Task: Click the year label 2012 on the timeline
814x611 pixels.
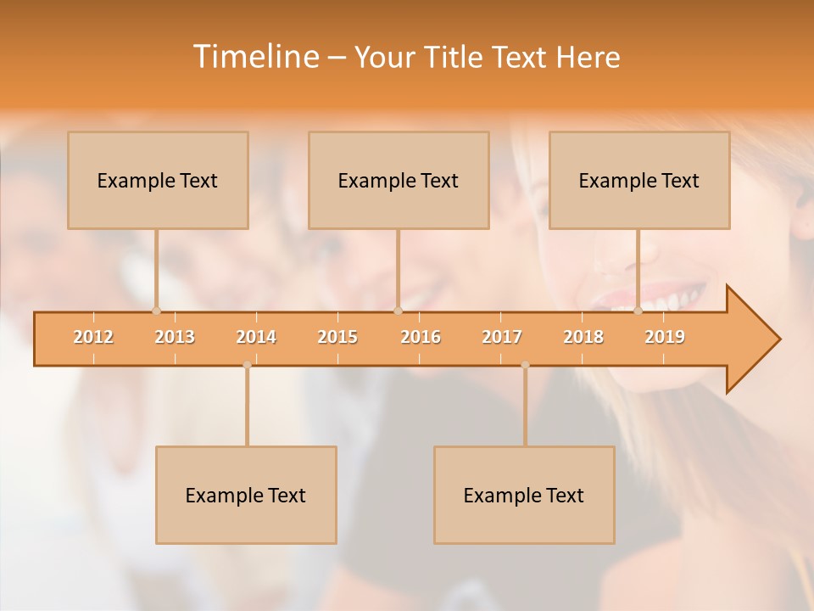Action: pos(93,337)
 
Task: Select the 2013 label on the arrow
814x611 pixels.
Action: pos(175,337)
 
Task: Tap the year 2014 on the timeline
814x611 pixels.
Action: pos(256,337)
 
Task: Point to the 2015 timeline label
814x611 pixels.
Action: pos(337,337)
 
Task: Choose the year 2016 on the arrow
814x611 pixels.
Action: pos(421,337)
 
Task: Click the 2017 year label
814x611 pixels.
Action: pos(502,337)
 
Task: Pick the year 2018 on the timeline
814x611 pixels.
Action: pos(583,337)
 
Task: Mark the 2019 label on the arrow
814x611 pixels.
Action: pos(665,337)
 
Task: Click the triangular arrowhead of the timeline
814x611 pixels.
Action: pos(751,339)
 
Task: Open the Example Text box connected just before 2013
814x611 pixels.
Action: pos(158,180)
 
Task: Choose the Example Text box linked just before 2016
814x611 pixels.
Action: pos(399,180)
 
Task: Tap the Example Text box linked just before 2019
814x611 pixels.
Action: pos(639,180)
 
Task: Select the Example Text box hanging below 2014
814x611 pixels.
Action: pos(246,495)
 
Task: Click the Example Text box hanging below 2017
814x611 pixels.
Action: pos(524,495)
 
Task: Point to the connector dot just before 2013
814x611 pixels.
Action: pos(156,311)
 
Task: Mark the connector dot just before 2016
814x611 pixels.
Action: pos(398,311)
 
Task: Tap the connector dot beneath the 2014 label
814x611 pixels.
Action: pos(247,365)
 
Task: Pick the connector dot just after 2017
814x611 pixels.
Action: pos(525,365)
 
